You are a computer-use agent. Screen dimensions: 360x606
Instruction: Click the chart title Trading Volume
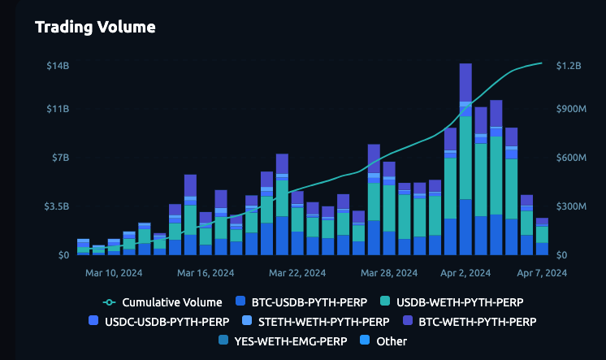pyautogui.click(x=95, y=27)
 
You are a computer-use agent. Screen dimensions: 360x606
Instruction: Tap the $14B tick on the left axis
pyautogui.click(x=57, y=65)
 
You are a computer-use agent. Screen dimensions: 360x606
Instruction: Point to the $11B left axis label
pyautogui.click(x=57, y=109)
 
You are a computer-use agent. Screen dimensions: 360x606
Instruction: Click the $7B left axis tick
pyautogui.click(x=60, y=158)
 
